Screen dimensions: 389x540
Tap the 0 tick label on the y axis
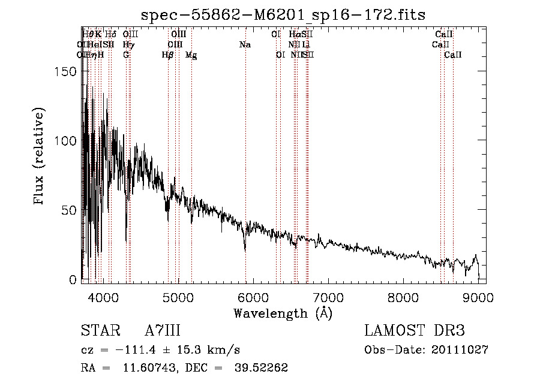pyautogui.click(x=73, y=280)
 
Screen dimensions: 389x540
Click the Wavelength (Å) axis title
pyautogui.click(x=283, y=313)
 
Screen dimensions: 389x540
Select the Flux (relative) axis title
pyautogui.click(x=40, y=158)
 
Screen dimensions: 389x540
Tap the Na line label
pyautogui.click(x=245, y=45)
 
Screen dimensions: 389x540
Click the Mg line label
pyautogui.click(x=191, y=55)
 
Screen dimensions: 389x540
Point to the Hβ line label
pyautogui.click(x=168, y=55)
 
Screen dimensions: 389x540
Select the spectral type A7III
pyautogui.click(x=163, y=331)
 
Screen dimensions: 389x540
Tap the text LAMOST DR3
pyautogui.click(x=414, y=331)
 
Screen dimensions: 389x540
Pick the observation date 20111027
pyautogui.click(x=459, y=350)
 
